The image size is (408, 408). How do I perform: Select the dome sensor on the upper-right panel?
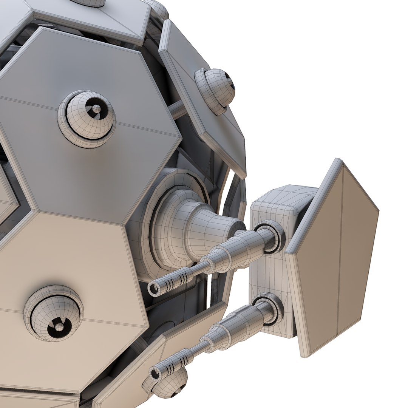[x=215, y=91]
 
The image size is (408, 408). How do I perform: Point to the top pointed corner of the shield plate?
[x=337, y=161]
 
